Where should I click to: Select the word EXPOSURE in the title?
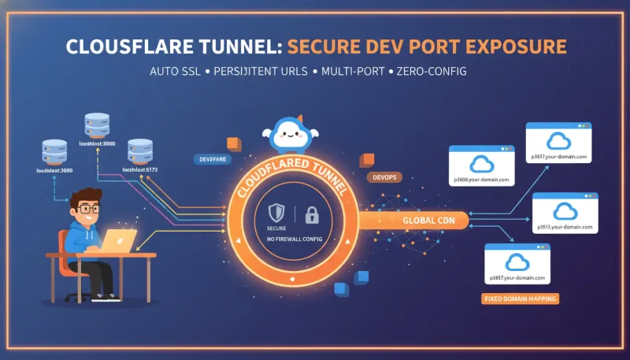click(x=516, y=45)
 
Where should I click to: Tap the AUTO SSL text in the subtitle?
click(x=178, y=71)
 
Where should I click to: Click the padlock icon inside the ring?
click(x=311, y=213)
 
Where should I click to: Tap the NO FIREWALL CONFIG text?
click(x=295, y=238)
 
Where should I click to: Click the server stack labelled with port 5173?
click(x=139, y=149)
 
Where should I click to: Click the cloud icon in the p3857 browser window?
click(x=517, y=259)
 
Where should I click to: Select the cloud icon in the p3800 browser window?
click(x=480, y=163)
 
